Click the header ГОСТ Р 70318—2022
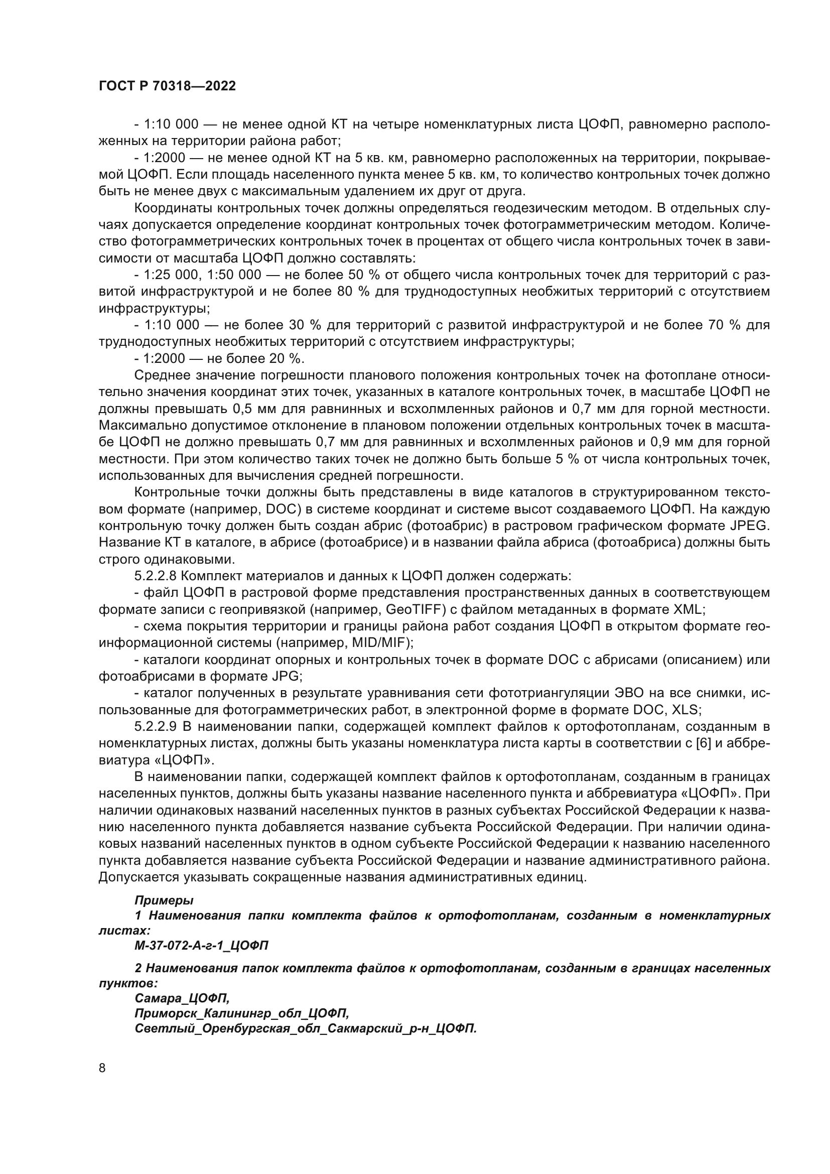[167, 86]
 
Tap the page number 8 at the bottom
[102, 1068]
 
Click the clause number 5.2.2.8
[156, 576]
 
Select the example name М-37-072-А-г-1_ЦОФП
[201, 946]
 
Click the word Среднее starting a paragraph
[162, 375]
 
